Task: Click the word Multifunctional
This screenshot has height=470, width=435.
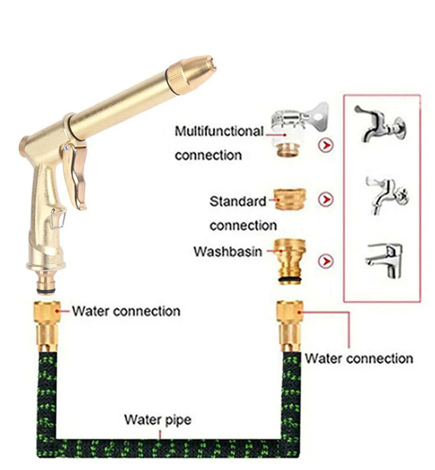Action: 219,131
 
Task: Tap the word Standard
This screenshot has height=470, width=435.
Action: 238,201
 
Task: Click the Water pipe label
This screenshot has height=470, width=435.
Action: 158,420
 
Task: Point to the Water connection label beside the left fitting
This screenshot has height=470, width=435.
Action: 126,311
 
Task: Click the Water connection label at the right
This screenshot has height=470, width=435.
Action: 359,359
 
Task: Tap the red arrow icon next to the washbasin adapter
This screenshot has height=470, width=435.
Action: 327,261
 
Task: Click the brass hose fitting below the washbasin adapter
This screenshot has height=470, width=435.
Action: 290,325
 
